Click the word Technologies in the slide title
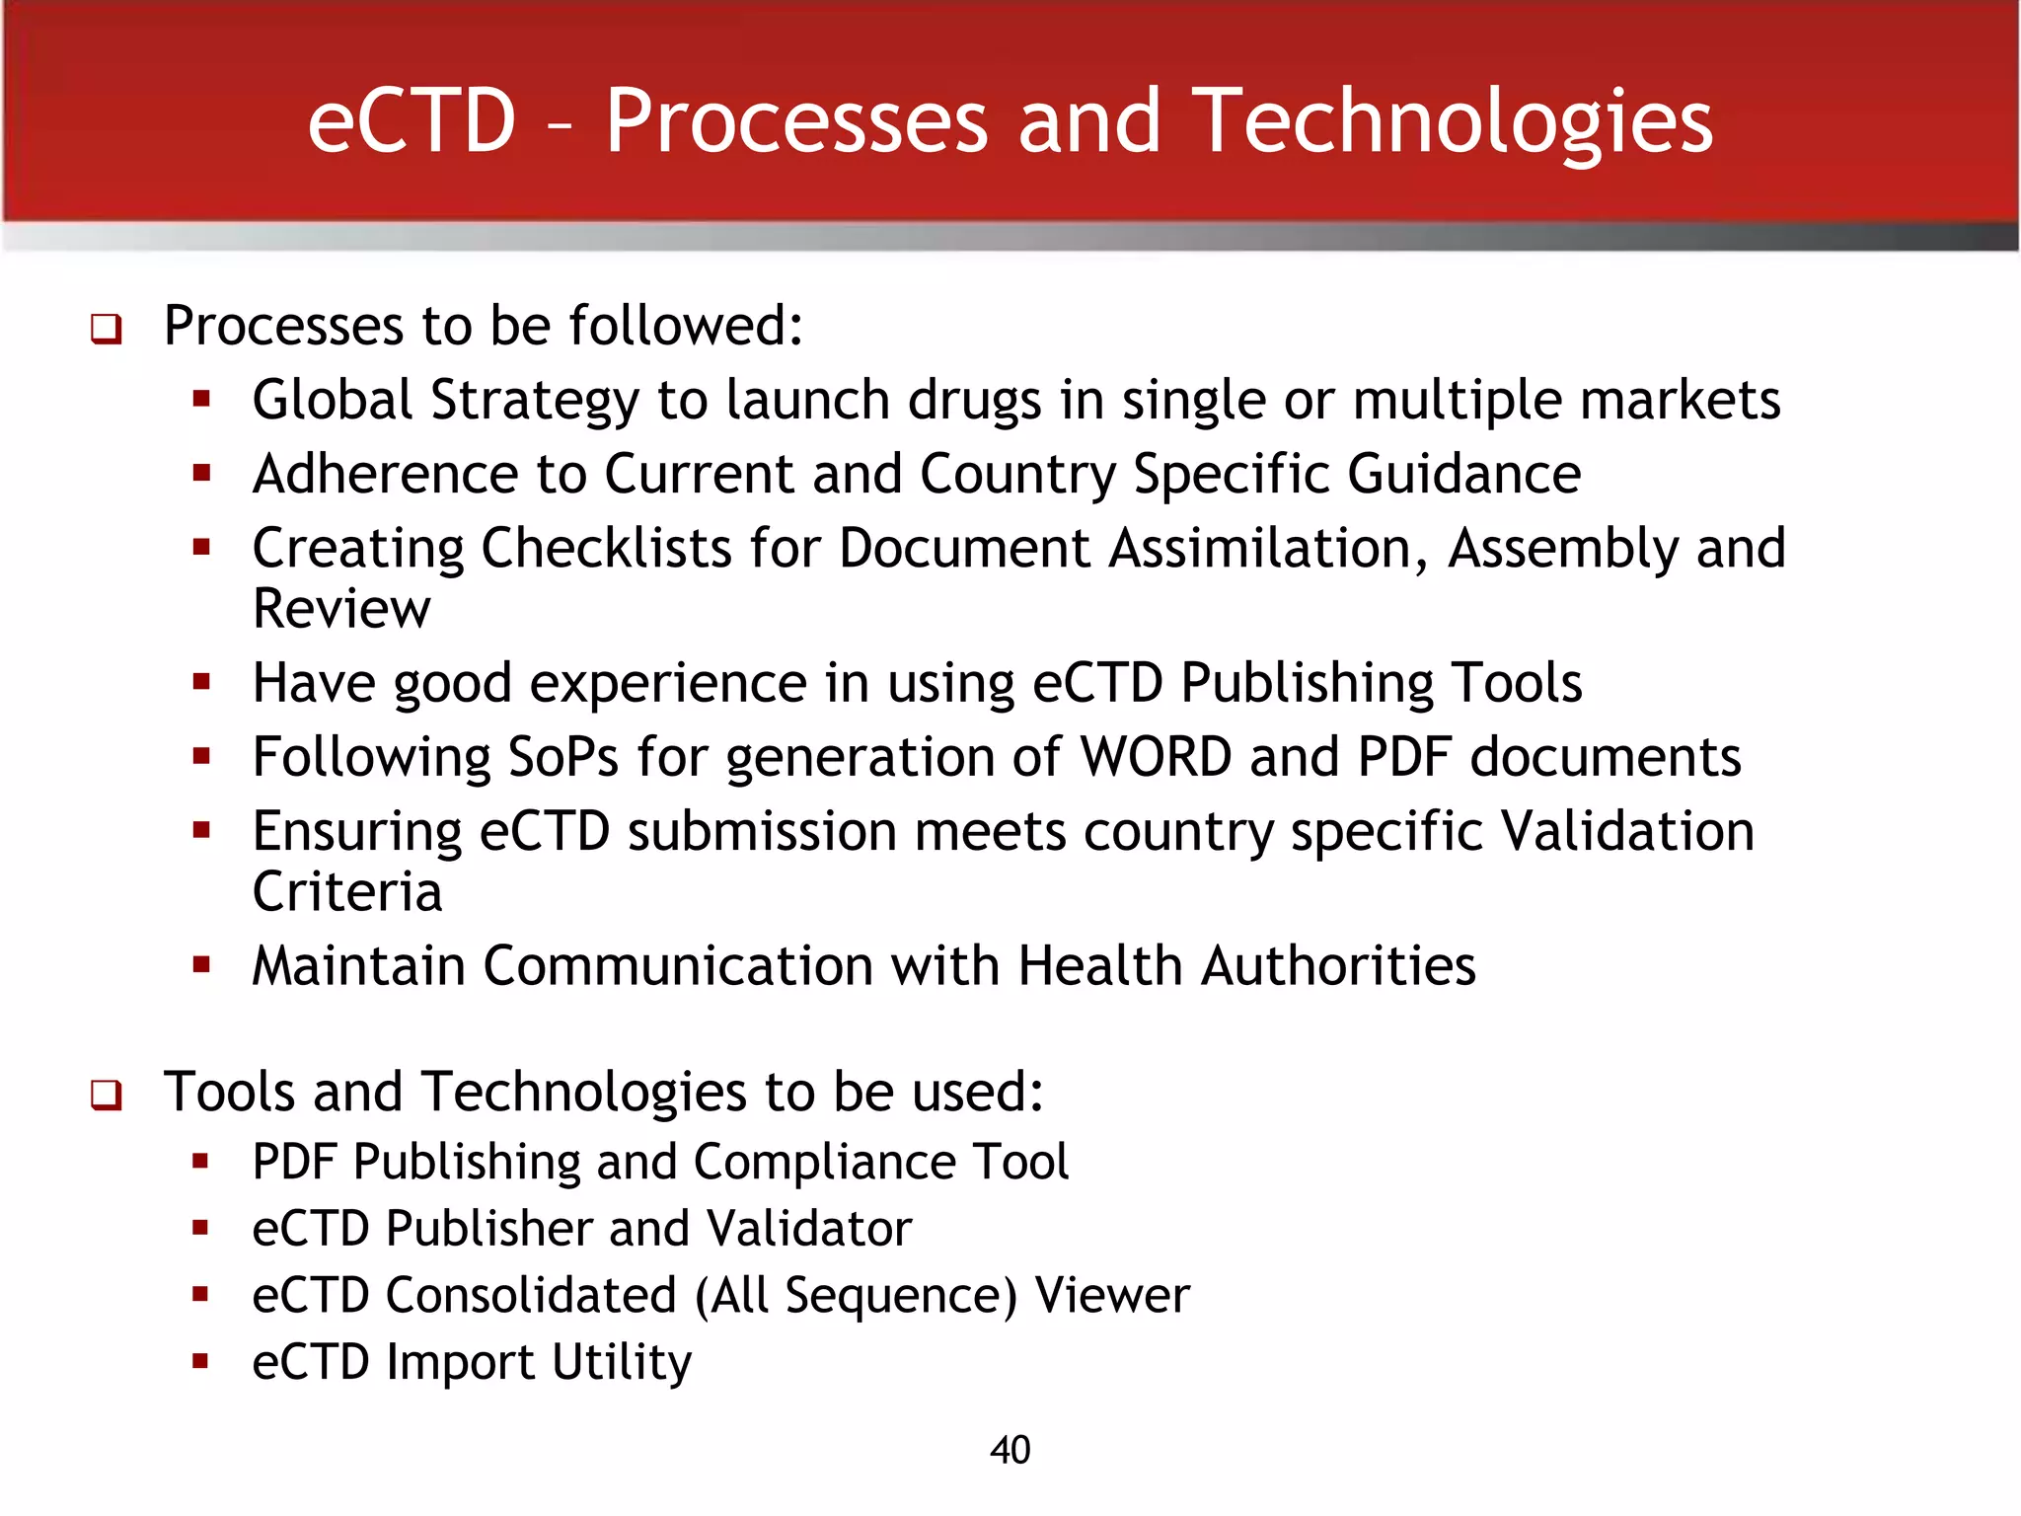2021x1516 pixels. (1452, 122)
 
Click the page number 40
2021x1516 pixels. (1010, 1450)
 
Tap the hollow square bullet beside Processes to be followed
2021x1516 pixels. (107, 329)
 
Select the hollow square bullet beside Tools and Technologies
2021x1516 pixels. (107, 1095)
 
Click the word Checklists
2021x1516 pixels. (606, 549)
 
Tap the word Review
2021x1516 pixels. (341, 609)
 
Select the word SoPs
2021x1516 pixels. (562, 758)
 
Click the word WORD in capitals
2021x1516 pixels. (1156, 758)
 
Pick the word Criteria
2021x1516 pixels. (347, 892)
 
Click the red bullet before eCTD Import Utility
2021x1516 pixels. (201, 1362)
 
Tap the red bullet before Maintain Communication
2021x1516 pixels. (202, 964)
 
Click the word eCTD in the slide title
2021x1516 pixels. (412, 122)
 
